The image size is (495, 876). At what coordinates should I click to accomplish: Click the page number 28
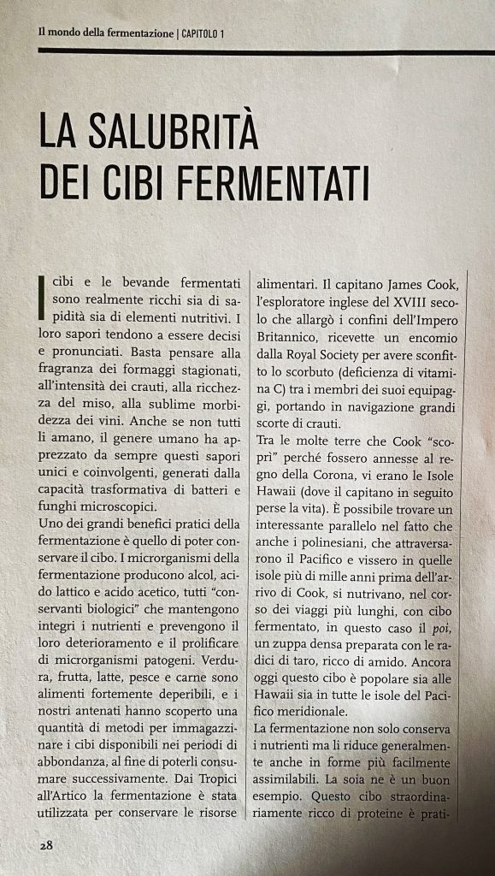pyautogui.click(x=45, y=844)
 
